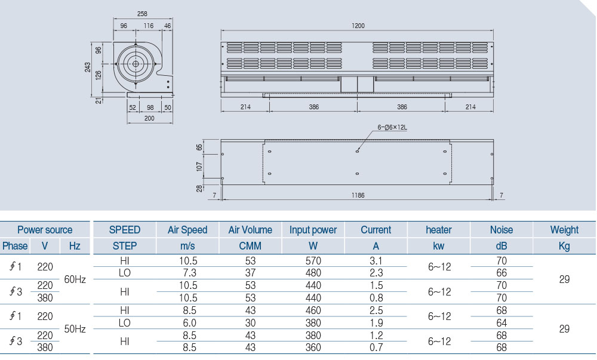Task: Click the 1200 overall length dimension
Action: point(358,26)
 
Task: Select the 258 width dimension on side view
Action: point(142,13)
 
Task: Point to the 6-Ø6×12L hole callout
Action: point(391,127)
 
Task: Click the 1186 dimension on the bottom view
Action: point(358,195)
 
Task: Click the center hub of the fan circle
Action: point(136,64)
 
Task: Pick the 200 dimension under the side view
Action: point(149,119)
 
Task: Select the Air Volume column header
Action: point(250,230)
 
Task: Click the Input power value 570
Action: point(313,261)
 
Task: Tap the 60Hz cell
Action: point(75,279)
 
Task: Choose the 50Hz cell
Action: point(75,328)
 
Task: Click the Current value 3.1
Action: point(376,261)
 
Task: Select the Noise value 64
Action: point(501,322)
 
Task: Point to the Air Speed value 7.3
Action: point(188,273)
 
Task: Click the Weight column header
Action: point(564,230)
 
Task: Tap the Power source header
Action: point(45,230)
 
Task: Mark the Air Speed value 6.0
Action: point(188,322)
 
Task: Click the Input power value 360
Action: point(313,347)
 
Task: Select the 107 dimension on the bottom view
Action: point(199,165)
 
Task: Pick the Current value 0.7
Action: point(376,347)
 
